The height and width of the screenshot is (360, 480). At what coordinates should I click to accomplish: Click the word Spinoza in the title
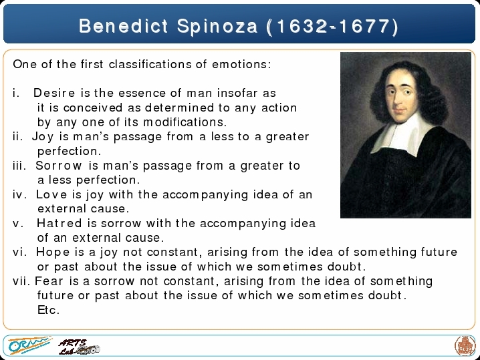[217, 27]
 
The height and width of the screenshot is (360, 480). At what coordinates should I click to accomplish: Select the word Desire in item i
[54, 93]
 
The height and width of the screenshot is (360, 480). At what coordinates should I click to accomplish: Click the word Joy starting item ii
[43, 137]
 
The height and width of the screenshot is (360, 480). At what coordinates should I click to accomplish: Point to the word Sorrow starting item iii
[58, 166]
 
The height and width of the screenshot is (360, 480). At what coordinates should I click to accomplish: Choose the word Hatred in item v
[59, 223]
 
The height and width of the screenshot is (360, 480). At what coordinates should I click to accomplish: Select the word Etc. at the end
[48, 310]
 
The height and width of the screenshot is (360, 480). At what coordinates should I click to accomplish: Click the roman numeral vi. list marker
[20, 252]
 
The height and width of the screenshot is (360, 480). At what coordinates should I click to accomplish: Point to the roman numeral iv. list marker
[20, 194]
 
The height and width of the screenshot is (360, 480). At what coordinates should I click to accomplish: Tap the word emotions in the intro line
[241, 64]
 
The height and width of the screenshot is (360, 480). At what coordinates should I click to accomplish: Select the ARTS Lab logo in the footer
[79, 347]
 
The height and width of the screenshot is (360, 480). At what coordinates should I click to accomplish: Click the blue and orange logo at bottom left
[29, 345]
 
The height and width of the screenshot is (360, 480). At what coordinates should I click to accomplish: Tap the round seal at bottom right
[465, 345]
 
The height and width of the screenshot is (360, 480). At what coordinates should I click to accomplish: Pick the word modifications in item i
[185, 122]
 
